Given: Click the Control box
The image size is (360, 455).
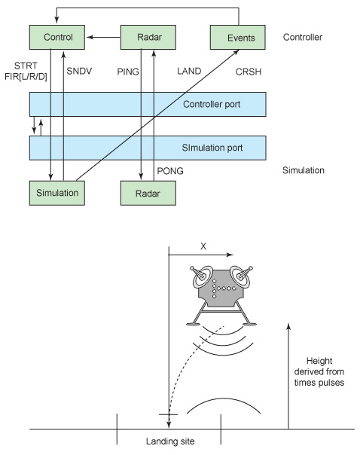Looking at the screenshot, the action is point(56,37).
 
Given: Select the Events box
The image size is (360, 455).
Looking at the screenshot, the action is point(237,37).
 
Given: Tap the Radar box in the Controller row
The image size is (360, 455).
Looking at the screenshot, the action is point(148,37).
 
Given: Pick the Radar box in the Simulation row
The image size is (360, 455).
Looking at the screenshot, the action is point(148,193).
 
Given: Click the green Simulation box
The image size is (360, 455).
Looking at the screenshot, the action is point(56,193).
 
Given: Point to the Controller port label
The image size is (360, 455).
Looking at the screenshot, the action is point(212,104).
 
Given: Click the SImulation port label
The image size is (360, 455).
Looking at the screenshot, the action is point(212,148).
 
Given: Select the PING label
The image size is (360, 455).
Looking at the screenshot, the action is point(128,72).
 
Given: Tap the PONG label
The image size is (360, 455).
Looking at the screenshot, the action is point(170,171).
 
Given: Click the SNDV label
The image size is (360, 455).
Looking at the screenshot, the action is point(79,71).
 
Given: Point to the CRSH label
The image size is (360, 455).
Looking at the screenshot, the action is point(249,72).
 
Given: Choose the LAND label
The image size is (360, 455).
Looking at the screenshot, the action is point(189,71).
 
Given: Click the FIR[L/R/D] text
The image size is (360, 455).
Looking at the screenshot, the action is point(26,77).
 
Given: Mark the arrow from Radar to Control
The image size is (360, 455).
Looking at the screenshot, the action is point(103,37).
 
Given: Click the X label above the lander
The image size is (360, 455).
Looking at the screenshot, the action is point(203,246).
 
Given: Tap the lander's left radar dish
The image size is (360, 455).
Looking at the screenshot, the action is point(202,276).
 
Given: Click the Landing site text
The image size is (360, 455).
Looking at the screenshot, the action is point(170,441).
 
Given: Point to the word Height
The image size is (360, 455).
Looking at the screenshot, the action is point(319,361).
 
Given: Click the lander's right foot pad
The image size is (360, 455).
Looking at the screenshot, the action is point(249,323).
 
